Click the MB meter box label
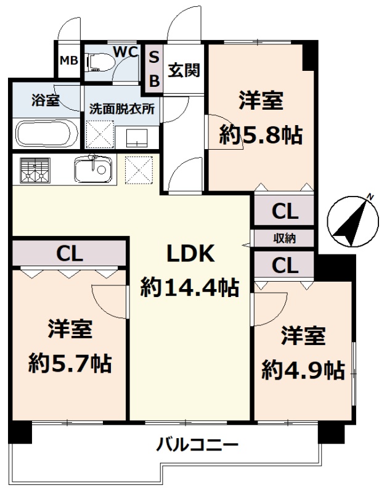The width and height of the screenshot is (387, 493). coord(68,60)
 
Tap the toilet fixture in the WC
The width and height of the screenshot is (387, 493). coord(99,62)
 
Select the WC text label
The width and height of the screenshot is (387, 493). coord(126,52)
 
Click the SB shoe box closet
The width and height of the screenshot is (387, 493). coord(154,69)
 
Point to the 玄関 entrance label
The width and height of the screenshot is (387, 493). coord(184,70)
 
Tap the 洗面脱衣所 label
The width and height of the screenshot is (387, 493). coord(122,108)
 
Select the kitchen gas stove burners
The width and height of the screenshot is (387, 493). coord(35,170)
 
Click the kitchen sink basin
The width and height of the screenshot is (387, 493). coord(93,169)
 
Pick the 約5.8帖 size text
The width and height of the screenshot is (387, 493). coord(261,135)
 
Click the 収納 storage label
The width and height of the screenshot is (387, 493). coord(284,238)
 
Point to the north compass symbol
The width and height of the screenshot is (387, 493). coord(352,221)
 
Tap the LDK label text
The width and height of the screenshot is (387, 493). coord(190,254)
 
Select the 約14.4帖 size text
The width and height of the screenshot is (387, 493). coord(190,287)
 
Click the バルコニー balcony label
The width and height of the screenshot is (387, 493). coord(198,444)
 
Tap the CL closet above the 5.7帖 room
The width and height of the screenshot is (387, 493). coord(70,253)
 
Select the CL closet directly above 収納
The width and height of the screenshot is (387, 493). coord(285,211)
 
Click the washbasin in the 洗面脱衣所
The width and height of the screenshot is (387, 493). coord(137,137)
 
